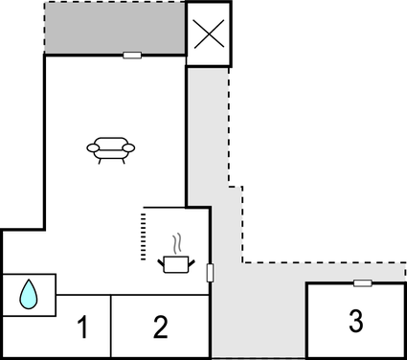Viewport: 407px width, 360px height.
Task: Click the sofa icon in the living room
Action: coord(111,149)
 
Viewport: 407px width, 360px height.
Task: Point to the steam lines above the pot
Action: coord(176,242)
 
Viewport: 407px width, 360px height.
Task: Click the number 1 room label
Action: coord(82,327)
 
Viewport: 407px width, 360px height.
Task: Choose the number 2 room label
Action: coord(160,327)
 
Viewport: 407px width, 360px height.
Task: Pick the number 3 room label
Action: coord(355,322)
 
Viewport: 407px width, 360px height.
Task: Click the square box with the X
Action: coord(208,34)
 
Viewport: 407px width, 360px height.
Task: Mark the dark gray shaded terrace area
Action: coord(115,29)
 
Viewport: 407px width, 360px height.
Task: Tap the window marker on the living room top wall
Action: coord(133,56)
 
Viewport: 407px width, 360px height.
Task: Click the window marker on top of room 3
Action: coord(362,282)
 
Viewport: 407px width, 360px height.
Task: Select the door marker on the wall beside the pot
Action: coord(210,274)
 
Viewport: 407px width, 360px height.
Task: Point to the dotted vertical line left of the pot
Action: coord(142,237)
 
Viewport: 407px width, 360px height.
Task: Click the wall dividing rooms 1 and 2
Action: coord(112,326)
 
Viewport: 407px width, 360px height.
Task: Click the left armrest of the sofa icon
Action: coord(92,148)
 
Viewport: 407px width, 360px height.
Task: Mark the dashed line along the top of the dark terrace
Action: coord(115,2)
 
